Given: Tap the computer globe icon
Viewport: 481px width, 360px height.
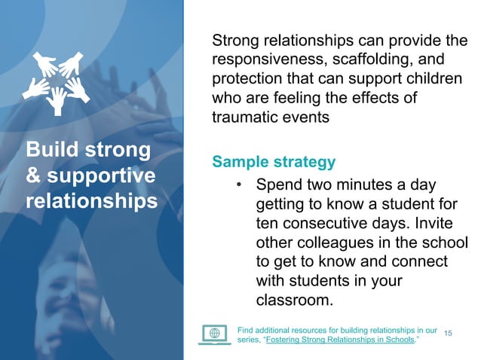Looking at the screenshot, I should click(x=214, y=334).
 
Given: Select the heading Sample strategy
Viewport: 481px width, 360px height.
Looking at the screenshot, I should click(x=274, y=162).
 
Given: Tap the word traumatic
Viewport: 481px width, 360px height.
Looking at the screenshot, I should click(x=243, y=117).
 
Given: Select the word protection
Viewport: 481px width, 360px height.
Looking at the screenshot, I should click(x=246, y=78).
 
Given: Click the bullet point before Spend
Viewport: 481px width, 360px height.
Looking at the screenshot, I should click(x=238, y=185).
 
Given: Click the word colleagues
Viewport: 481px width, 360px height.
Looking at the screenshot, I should click(x=333, y=243).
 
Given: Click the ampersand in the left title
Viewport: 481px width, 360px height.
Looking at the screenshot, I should click(x=35, y=176).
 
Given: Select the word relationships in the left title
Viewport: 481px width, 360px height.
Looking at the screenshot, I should click(x=91, y=203).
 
